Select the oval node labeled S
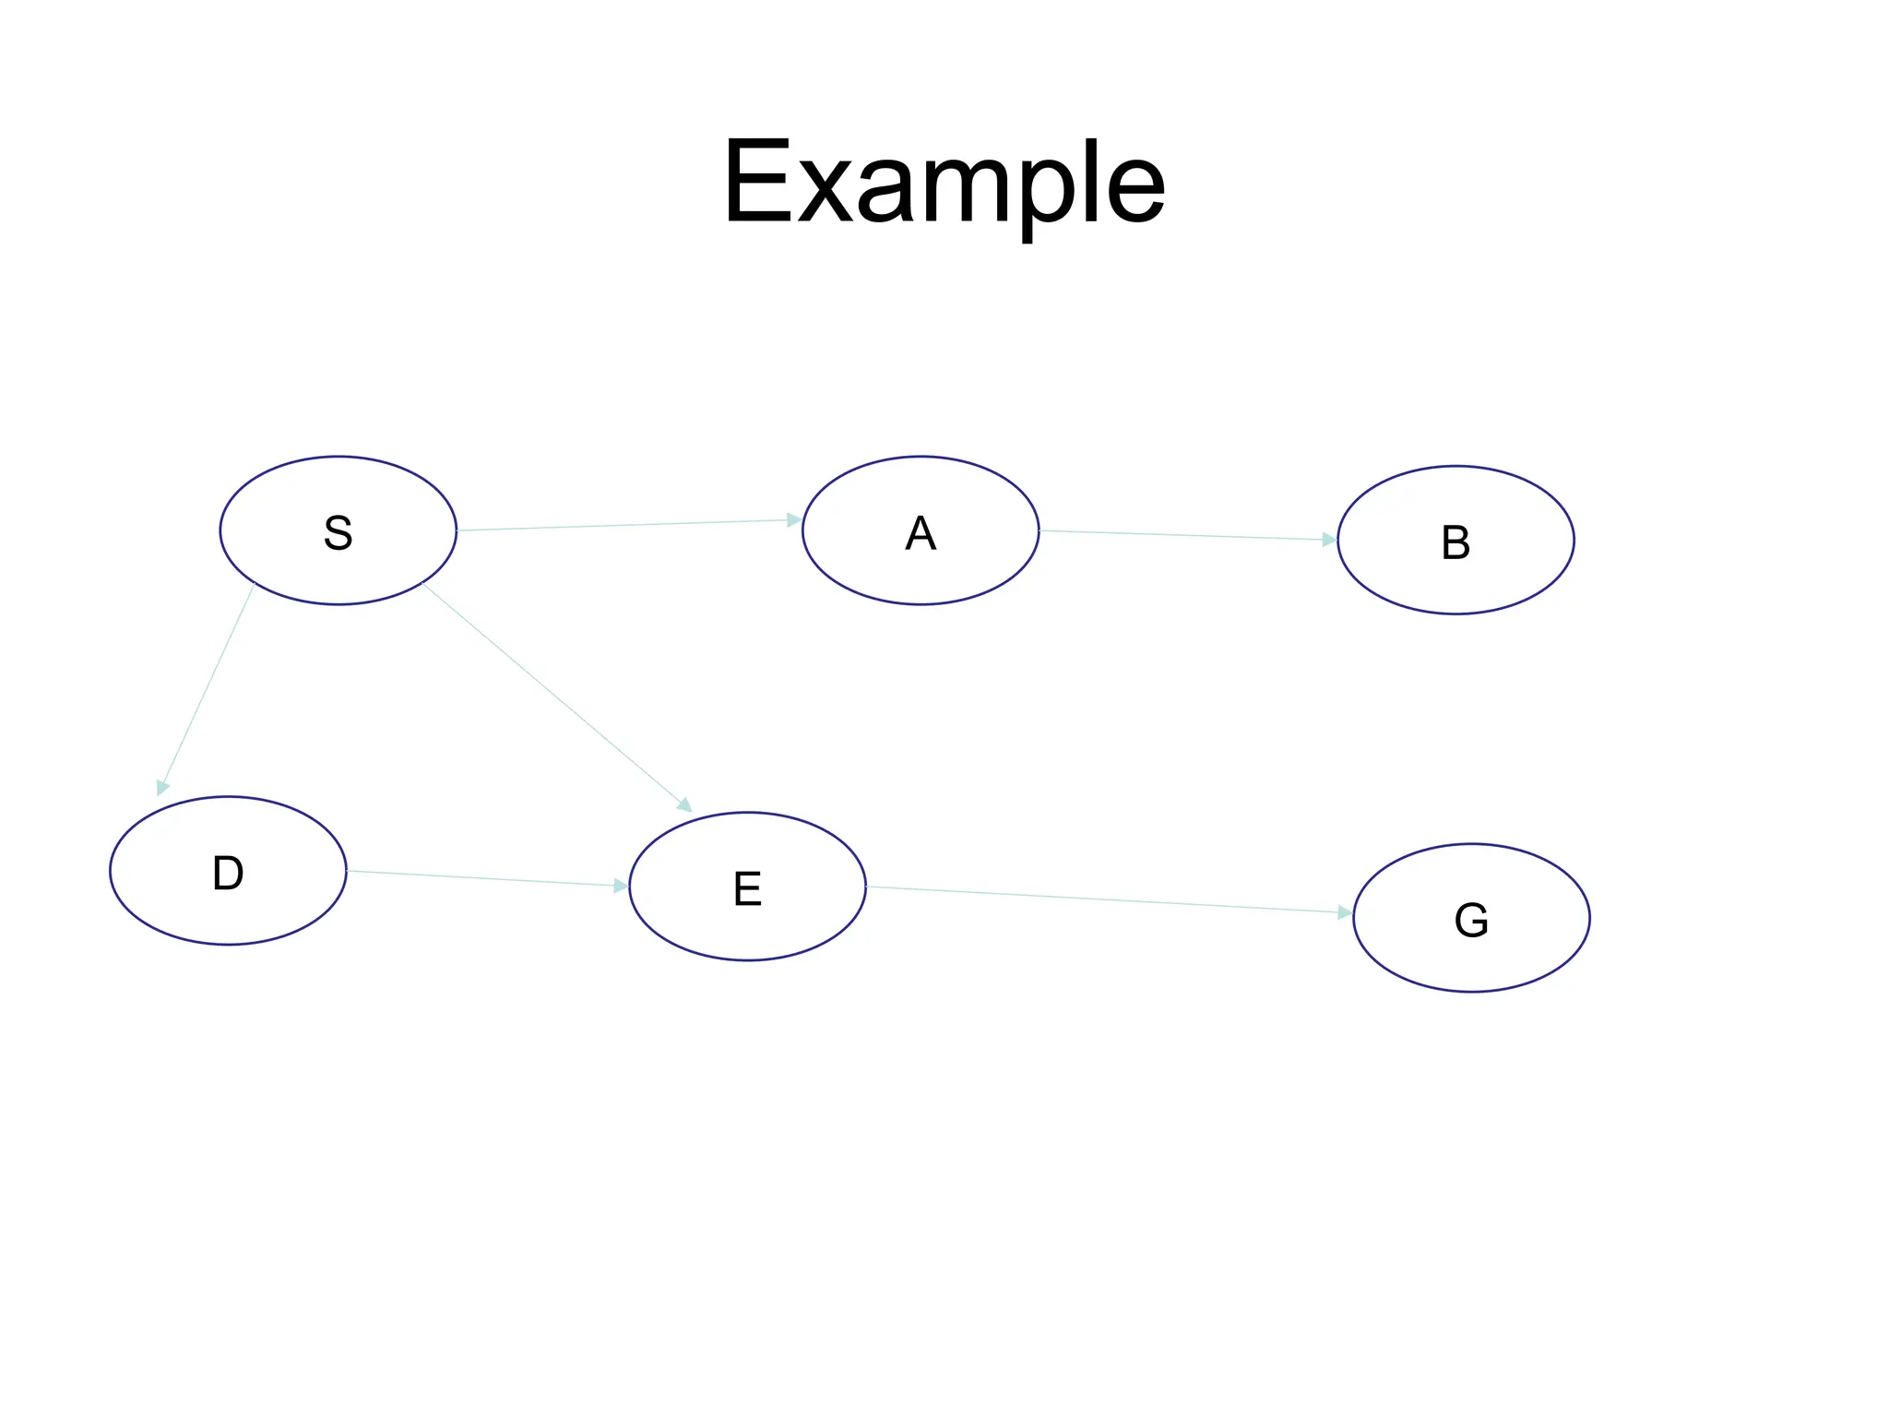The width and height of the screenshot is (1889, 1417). pos(339,530)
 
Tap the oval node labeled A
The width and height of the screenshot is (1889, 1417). pos(921,530)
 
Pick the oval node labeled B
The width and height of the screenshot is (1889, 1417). pos(1455,540)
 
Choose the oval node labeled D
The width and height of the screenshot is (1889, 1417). pos(228,871)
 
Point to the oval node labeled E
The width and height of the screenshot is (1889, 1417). pos(747,887)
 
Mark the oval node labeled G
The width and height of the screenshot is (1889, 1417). pos(1471,918)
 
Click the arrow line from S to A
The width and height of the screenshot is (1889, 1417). pos(627,525)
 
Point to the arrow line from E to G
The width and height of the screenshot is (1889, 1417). pos(1107,899)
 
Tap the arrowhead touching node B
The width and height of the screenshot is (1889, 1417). pos(1329,540)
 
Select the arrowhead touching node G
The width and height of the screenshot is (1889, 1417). pos(1345,912)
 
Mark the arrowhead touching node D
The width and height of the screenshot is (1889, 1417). pos(162,787)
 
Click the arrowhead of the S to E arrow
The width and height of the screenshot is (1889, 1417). pos(684,805)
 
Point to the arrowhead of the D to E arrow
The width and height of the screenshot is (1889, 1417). pos(621,886)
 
